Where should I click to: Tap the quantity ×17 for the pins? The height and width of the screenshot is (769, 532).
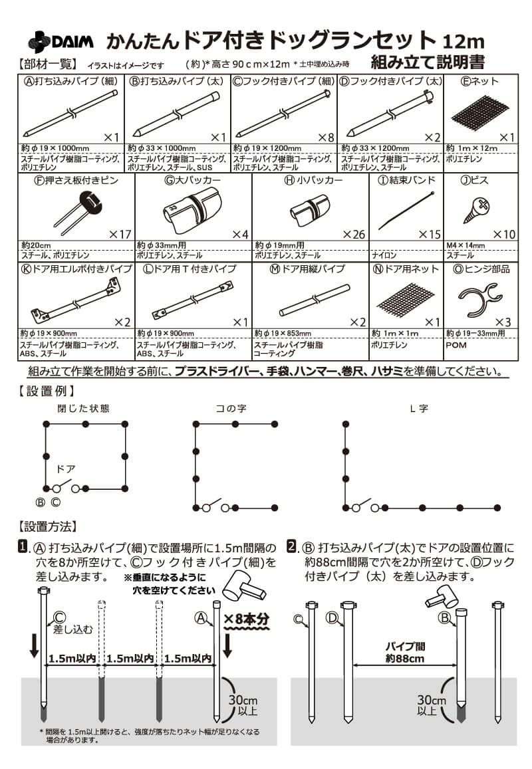[121, 234]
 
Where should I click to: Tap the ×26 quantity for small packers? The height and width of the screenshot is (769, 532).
[354, 234]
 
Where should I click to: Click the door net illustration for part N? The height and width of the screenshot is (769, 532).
[406, 298]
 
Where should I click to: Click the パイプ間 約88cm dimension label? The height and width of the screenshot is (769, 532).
[405, 652]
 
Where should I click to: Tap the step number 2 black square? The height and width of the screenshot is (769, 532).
[291, 547]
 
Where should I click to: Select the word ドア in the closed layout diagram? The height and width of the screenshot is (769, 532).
[65, 469]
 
